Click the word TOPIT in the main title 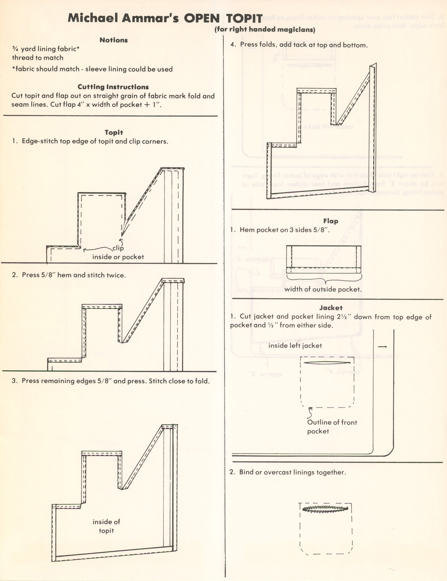[x=244, y=18]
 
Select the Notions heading [x=113, y=40]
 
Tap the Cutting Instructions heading [x=113, y=87]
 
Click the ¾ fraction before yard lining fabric [x=15, y=49]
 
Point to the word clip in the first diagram [x=118, y=248]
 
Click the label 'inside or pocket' [x=118, y=257]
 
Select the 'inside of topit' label [x=106, y=526]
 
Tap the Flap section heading [x=330, y=221]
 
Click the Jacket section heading [x=330, y=308]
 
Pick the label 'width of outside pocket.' [x=323, y=289]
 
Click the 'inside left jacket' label [x=295, y=346]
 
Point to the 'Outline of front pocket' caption [x=332, y=427]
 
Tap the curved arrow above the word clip [x=121, y=241]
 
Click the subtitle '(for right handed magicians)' [x=265, y=30]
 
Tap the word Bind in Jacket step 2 [x=246, y=473]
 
